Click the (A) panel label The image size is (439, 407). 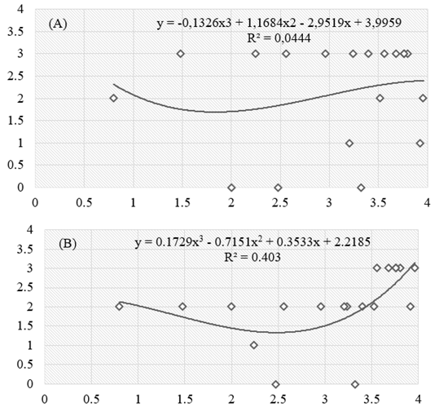tap(58, 24)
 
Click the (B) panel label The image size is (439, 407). tap(68, 244)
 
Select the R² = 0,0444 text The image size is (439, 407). tap(279, 38)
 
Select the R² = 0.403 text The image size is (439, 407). tap(252, 257)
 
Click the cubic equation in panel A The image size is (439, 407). tap(279, 23)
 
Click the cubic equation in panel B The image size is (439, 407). tap(252, 241)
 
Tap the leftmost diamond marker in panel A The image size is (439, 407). tap(113, 98)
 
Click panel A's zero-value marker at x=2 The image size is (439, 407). tap(231, 188)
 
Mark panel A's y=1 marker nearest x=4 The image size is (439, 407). tap(419, 144)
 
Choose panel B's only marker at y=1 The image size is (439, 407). tap(254, 345)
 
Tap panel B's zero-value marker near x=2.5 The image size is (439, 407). tap(276, 384)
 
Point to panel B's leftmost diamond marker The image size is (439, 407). tap(120, 307)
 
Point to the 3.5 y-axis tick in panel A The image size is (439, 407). tap(15, 31)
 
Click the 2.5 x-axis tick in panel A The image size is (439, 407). tap(280, 202)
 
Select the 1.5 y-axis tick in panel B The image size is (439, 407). tap(24, 326)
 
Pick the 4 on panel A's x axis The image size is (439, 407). tap(427, 202)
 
